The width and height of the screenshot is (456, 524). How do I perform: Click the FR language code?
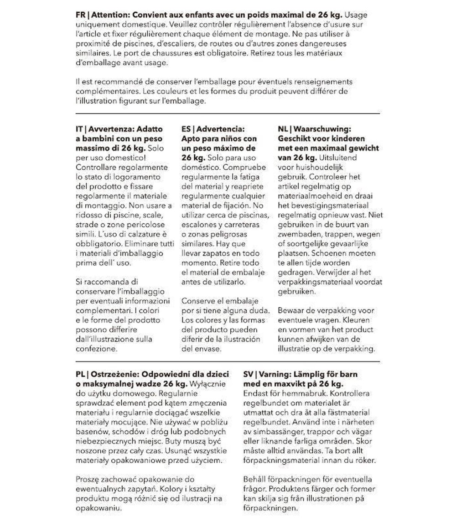coord(81,15)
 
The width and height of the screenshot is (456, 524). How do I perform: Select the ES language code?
coord(187,129)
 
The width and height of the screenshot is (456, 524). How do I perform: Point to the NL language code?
coord(283,129)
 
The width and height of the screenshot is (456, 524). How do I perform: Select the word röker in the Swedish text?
coord(365,460)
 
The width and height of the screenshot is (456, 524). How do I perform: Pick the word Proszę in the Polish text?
coord(88,479)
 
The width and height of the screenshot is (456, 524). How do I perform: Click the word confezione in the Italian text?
coord(96,349)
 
